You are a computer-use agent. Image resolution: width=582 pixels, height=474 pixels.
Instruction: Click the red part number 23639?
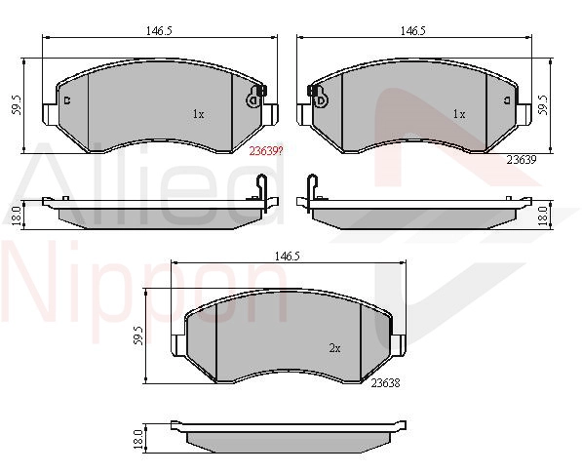[x=266, y=151]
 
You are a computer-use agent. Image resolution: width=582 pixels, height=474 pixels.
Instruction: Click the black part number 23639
[x=522, y=160]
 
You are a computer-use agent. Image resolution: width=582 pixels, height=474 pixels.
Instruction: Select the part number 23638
[x=385, y=383]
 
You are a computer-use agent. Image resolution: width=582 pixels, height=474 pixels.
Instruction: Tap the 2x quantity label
[x=334, y=348]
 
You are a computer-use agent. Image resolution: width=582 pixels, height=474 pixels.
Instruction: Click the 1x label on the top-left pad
[x=198, y=114]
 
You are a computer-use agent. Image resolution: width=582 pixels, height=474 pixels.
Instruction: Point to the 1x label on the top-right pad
[x=459, y=114]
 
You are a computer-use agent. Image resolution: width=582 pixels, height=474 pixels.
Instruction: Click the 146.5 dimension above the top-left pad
[x=159, y=31]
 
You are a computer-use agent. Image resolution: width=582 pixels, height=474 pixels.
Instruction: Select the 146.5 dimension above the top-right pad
[x=412, y=31]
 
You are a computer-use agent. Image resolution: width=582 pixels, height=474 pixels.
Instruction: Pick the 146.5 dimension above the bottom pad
[x=287, y=256]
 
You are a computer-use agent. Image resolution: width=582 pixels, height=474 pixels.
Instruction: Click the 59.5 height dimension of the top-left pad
[x=18, y=105]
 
